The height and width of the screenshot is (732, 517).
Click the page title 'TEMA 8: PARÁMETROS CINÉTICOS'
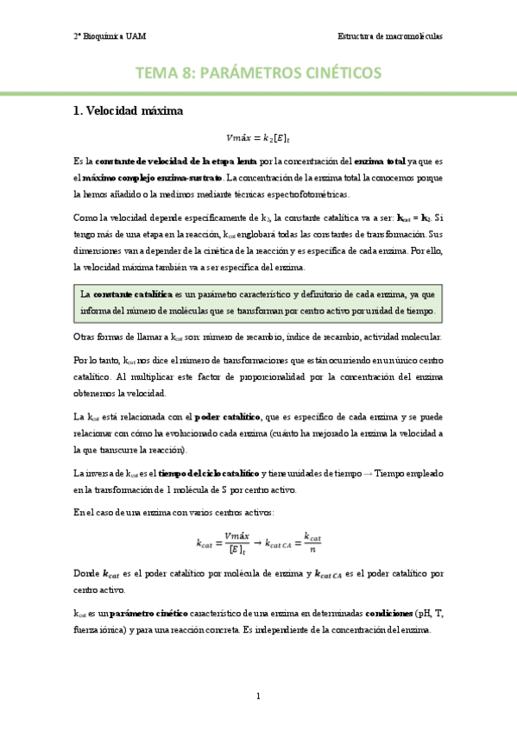[x=258, y=73]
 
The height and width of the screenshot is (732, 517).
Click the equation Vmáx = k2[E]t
[x=258, y=136]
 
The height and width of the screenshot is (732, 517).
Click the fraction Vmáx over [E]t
[x=236, y=542]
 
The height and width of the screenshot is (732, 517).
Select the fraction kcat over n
[x=313, y=542]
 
